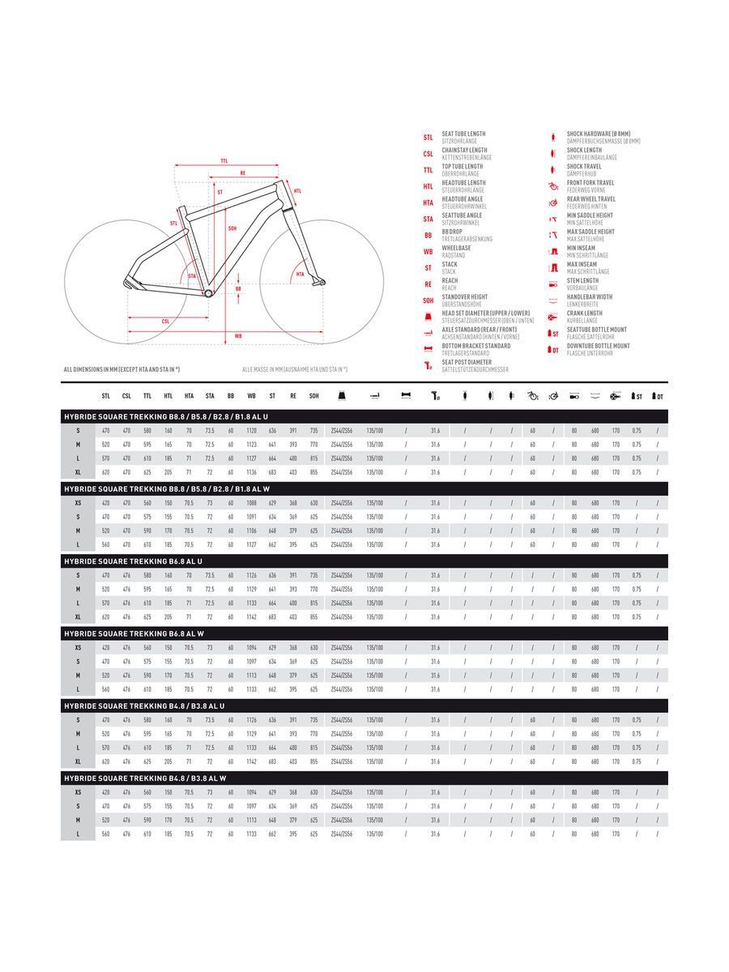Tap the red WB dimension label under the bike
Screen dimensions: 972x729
[x=238, y=335]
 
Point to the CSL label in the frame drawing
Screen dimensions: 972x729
[x=166, y=322]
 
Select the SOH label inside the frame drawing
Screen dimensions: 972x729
[x=232, y=228]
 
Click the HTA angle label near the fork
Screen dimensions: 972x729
[x=300, y=275]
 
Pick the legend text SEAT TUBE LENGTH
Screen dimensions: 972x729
[x=463, y=134]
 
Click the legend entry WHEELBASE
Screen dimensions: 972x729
[x=456, y=248]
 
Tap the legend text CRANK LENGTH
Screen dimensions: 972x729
[x=585, y=313]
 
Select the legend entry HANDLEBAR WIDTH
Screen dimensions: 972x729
[x=590, y=297]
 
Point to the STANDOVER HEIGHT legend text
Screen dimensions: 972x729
[x=465, y=297]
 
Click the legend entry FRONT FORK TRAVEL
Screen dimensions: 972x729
[x=590, y=183]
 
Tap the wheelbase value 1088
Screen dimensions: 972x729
[x=251, y=503]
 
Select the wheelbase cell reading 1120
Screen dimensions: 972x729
[x=251, y=431]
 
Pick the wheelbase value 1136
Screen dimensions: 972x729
[x=251, y=472]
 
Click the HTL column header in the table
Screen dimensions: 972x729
[x=168, y=396]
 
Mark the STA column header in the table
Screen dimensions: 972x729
[x=210, y=396]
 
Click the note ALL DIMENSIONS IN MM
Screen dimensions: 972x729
[x=122, y=369]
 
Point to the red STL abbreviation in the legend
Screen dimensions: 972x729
[x=428, y=138]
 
